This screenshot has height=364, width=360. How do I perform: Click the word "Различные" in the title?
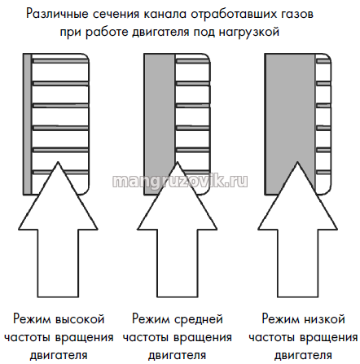58,15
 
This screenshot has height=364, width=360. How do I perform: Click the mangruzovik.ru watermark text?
180,181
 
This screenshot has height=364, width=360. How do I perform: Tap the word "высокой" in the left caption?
80,319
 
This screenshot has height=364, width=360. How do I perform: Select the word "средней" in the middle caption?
199,319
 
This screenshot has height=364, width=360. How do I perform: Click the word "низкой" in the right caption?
324,319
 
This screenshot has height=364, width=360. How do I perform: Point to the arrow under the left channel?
58,230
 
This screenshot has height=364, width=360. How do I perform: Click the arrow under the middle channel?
177,230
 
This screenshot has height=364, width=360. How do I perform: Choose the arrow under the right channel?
297,230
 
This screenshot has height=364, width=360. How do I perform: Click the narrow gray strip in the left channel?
27,124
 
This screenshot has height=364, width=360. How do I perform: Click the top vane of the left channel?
60,61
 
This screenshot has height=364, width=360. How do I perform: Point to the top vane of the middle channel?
192,61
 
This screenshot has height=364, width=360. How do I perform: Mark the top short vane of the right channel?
323,61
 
